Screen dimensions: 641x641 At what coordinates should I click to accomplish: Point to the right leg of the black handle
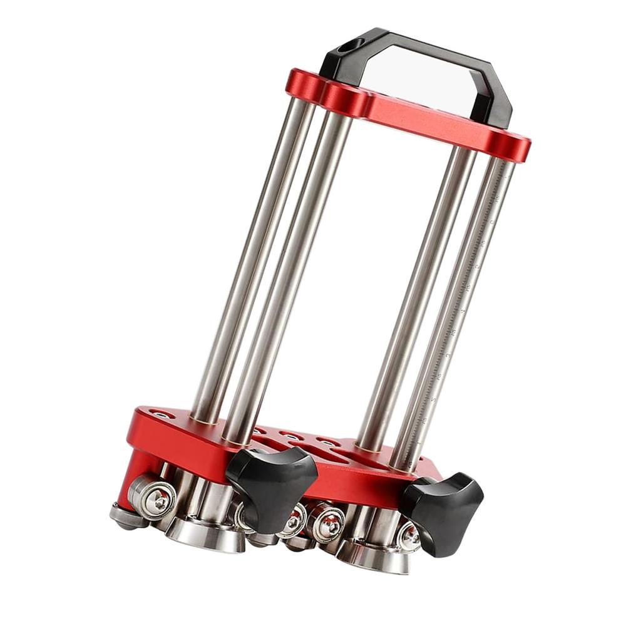pyautogui.click(x=498, y=100)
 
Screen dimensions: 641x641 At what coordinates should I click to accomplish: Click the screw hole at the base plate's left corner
pyautogui.click(x=162, y=415)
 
